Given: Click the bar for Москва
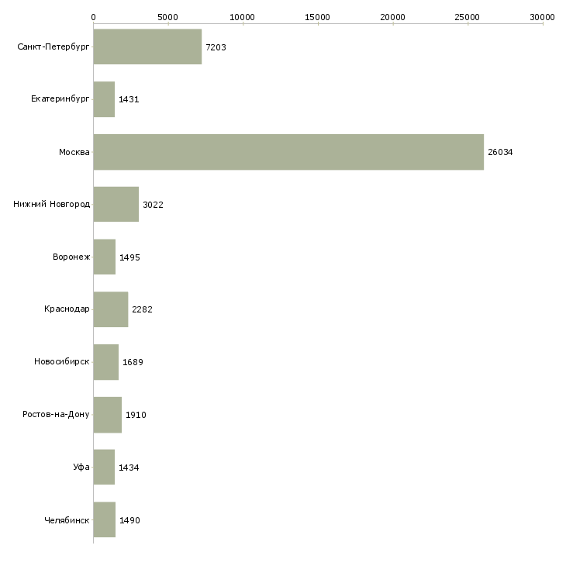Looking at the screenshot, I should point(288,152).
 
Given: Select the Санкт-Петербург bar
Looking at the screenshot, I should point(147,47).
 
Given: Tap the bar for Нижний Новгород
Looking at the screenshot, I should point(116,205).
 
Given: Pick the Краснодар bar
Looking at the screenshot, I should point(110,309).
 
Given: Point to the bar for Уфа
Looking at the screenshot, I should point(104,467).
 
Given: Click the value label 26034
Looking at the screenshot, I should point(500,153).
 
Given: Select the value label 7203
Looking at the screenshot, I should point(216,48).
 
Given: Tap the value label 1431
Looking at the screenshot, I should point(129,100).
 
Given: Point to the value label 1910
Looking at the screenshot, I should point(136,415).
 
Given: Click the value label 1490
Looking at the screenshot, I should point(129,520).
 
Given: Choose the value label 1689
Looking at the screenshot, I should point(133,362).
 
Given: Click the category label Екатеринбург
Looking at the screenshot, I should point(60,100).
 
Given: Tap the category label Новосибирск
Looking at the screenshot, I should point(62,362).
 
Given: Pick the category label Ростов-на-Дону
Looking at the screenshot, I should point(57,415).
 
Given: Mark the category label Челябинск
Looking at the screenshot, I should point(67,520).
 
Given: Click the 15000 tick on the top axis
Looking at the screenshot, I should point(318,16).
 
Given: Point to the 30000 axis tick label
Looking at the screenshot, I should point(543,16).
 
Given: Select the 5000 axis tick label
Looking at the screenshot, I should point(168,16).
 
